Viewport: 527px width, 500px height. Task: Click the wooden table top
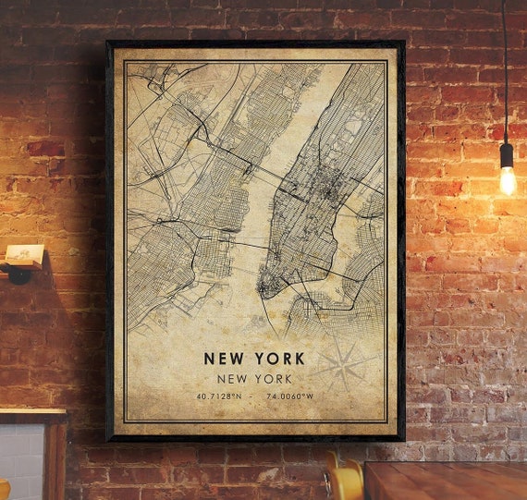(x=444, y=481)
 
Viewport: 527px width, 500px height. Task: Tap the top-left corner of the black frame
(x=109, y=43)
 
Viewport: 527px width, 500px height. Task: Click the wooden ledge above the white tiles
(x=32, y=415)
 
